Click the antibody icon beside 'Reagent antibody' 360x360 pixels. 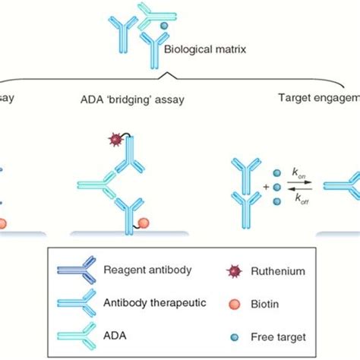(x=76, y=270)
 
